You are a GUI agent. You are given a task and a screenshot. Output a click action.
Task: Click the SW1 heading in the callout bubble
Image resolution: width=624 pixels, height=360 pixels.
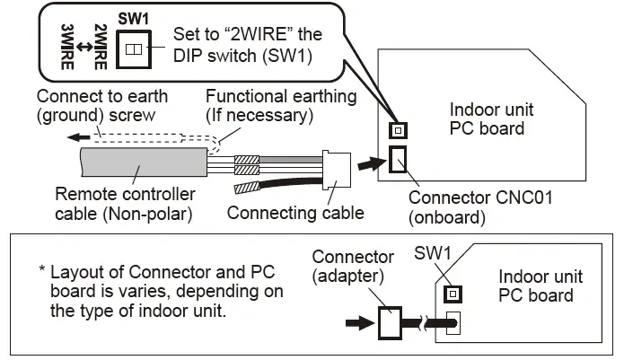point(133,19)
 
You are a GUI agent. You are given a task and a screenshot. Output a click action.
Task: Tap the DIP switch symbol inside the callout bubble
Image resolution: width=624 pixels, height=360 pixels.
point(134,49)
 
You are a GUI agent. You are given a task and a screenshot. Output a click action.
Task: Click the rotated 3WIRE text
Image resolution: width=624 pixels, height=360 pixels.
point(67,47)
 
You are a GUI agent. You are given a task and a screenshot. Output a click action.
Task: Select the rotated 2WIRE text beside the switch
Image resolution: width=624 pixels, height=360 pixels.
point(101,47)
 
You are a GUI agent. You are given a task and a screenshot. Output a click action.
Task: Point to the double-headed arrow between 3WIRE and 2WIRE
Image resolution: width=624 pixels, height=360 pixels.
point(84,47)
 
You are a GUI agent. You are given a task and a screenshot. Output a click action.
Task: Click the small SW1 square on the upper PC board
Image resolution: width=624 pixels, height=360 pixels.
point(398,130)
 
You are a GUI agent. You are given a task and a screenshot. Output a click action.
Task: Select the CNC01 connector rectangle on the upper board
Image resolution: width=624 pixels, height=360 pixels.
point(398,160)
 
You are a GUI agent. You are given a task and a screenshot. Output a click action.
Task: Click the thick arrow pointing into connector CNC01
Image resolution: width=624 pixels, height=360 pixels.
point(372,163)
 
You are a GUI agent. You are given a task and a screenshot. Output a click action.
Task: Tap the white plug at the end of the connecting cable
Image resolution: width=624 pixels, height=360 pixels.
point(337,169)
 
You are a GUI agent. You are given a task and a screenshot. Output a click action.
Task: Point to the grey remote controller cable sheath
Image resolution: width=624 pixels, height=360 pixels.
point(144,162)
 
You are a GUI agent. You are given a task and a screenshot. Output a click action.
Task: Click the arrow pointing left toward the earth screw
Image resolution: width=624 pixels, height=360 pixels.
point(79,137)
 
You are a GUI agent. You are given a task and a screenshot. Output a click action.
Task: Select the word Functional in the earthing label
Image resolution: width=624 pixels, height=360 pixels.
point(242,96)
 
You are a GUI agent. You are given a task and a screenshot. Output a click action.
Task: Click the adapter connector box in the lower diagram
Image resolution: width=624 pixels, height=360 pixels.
point(390,322)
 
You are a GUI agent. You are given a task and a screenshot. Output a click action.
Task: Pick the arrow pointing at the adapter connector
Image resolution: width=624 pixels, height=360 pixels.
point(360,322)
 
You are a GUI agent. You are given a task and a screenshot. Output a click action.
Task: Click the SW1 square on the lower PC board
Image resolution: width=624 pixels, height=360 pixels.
point(453,294)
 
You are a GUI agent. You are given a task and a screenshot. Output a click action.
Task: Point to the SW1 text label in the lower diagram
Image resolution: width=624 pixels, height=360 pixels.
point(433,253)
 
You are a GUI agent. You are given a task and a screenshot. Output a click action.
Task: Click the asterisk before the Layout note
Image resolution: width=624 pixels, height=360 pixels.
point(42,269)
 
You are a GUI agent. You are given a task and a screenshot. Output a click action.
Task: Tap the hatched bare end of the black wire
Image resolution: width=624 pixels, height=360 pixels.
point(247,187)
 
